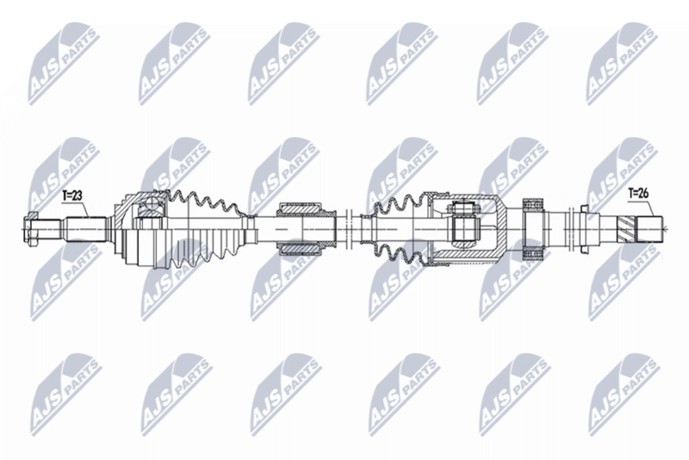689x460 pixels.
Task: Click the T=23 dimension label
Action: [x=71, y=196]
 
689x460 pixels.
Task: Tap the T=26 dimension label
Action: [x=638, y=193]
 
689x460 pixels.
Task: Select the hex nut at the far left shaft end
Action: [x=30, y=229]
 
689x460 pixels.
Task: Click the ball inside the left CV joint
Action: [x=152, y=203]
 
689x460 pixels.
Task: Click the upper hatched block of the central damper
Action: [x=300, y=209]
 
